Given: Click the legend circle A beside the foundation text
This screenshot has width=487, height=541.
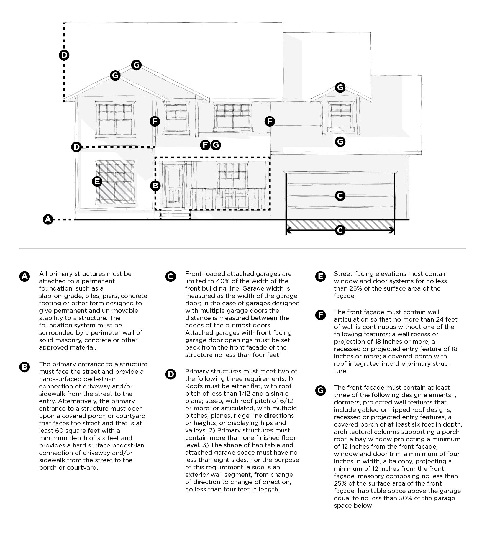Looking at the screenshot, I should pyautogui.click(x=24, y=276).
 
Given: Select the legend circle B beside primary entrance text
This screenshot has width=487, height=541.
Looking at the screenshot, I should pyautogui.click(x=24, y=367).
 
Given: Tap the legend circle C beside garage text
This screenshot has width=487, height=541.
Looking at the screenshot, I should pyautogui.click(x=171, y=276).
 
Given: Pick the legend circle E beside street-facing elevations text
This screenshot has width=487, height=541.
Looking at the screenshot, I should pyautogui.click(x=320, y=276).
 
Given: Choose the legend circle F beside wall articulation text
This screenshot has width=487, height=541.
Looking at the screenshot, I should pyautogui.click(x=320, y=315).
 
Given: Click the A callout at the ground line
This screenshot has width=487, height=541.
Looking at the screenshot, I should pyautogui.click(x=48, y=219).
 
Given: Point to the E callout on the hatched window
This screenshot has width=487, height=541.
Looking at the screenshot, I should pyautogui.click(x=97, y=181).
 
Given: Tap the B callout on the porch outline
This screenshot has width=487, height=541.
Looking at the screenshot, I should pyautogui.click(x=155, y=186).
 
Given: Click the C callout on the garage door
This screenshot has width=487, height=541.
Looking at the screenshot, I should pyautogui.click(x=340, y=196).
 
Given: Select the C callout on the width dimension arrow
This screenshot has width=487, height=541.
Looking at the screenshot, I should pyautogui.click(x=340, y=230).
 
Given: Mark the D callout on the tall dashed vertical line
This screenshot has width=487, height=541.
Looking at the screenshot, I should pyautogui.click(x=64, y=55).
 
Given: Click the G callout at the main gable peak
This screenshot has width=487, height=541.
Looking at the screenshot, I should pyautogui.click(x=136, y=65).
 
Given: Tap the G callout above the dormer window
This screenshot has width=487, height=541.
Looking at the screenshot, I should pyautogui.click(x=340, y=87).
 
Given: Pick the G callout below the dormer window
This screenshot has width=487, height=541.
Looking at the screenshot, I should pyautogui.click(x=340, y=142).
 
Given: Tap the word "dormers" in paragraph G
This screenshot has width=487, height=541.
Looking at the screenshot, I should pyautogui.click(x=346, y=402).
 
